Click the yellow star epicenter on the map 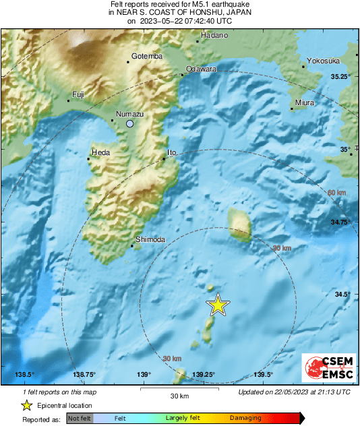[217, 305]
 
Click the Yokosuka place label [323, 61]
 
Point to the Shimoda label [150, 239]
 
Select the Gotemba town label [146, 56]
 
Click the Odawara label [201, 69]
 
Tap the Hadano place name [215, 34]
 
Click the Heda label [100, 153]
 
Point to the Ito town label [171, 153]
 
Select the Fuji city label [78, 94]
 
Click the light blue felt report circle [130, 125]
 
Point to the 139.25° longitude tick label [204, 375]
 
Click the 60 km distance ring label [336, 193]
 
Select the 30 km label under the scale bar [179, 396]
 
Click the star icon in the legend [26, 405]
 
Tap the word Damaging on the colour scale [245, 419]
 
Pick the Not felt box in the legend [80, 419]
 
